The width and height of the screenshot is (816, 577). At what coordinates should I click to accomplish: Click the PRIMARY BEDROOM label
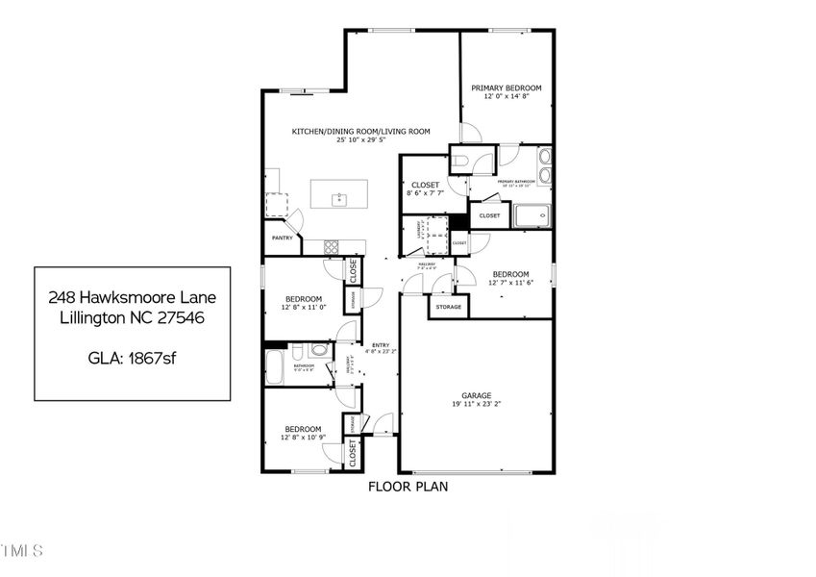tap(506, 88)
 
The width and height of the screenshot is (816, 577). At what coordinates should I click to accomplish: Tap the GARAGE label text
tap(476, 395)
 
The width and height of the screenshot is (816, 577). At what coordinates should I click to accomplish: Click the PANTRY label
tap(282, 238)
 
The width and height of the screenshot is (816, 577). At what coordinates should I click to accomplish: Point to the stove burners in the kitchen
tap(332, 245)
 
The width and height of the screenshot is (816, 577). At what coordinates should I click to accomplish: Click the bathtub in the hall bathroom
tap(275, 366)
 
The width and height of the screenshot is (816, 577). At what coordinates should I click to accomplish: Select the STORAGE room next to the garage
tap(448, 307)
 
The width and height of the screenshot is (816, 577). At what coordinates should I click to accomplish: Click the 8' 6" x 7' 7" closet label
tap(425, 193)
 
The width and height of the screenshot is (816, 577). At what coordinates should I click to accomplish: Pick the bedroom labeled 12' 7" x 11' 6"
tap(510, 277)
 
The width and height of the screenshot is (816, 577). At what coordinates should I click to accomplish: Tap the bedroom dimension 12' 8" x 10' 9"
tap(302, 438)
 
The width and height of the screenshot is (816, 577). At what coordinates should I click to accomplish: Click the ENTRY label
tap(381, 346)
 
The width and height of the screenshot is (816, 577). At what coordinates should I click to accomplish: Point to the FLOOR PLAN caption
tap(408, 487)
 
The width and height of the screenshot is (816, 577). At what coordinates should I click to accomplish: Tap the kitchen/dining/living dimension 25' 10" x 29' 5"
tap(360, 140)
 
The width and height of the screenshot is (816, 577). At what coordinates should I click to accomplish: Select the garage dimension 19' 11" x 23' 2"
tap(476, 405)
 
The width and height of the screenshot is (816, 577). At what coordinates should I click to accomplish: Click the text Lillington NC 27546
tap(132, 316)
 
